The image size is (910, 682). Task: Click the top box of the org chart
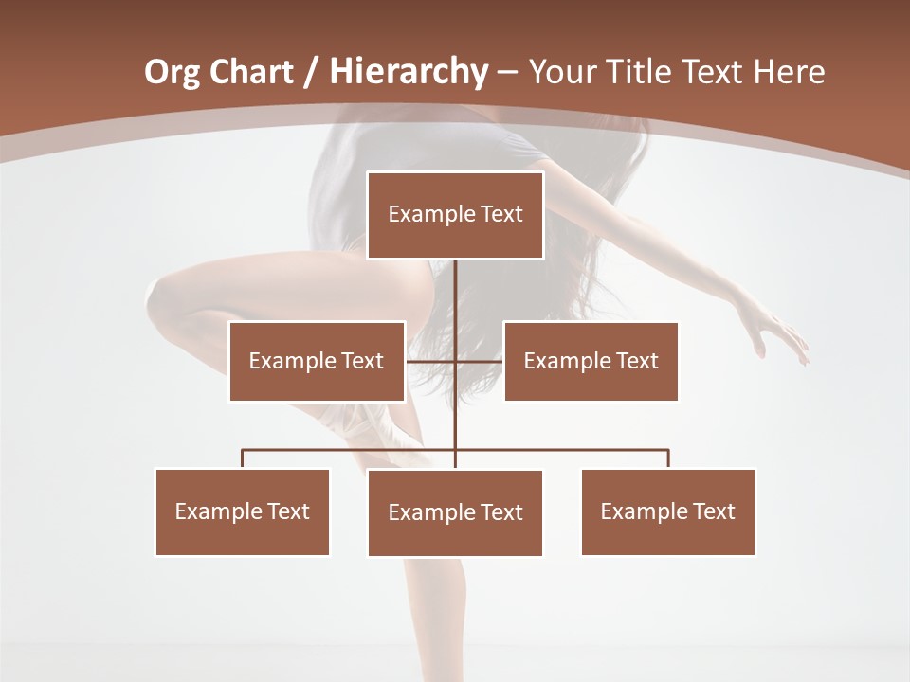455,215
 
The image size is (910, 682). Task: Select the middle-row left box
317,361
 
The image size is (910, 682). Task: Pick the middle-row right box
591,361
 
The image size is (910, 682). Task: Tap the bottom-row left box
243,511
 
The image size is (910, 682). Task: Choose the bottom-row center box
455,512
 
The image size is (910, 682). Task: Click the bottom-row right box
667,511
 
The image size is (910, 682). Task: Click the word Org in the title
172,72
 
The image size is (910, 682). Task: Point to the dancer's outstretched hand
782,336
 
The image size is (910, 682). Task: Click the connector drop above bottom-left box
243,458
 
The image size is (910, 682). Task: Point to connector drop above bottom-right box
668,458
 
